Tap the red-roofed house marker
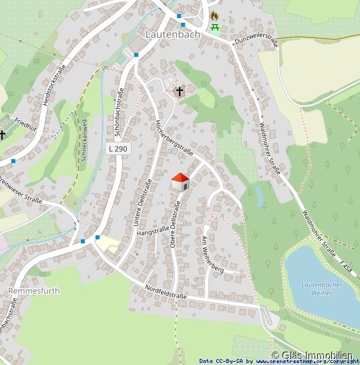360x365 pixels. tap(180, 181)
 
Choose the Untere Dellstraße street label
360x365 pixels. tap(141, 201)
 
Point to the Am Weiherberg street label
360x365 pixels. tap(212, 253)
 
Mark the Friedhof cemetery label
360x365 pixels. tap(25, 124)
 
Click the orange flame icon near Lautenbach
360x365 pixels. tap(214, 15)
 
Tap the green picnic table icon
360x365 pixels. tap(215, 27)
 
